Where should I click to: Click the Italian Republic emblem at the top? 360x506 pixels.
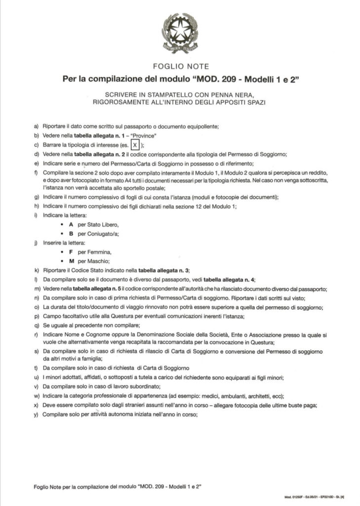tap(180, 33)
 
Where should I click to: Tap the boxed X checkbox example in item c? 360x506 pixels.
tap(136, 145)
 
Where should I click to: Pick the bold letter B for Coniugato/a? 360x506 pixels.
tap(71, 234)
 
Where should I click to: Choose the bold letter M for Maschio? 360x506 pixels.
tap(72, 261)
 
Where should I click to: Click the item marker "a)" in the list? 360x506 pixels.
tap(36, 126)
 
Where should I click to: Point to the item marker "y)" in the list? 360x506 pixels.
tap(36, 415)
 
